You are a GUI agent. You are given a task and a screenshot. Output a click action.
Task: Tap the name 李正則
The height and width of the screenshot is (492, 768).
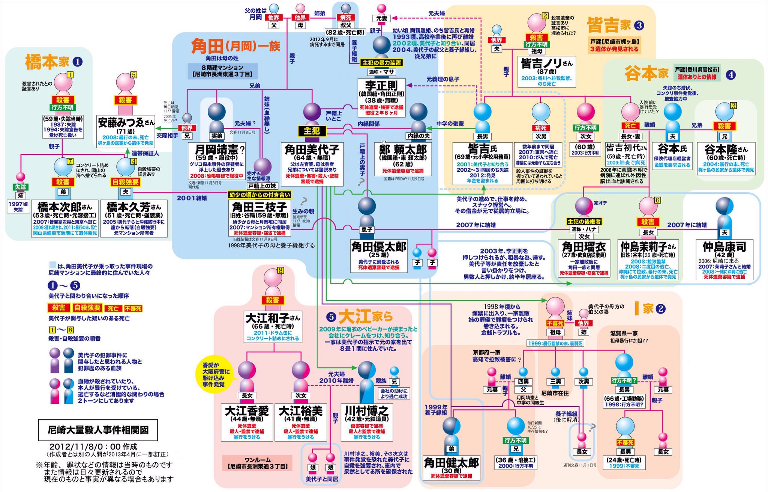381,85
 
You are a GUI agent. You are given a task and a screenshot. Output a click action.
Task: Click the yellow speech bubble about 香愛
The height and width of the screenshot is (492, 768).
216,374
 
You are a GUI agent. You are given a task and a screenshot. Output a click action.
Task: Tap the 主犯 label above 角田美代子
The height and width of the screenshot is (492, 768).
312,131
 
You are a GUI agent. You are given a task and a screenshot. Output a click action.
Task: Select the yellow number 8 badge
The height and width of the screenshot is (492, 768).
280,270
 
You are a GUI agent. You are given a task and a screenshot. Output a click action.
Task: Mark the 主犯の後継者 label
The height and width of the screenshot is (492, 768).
584,222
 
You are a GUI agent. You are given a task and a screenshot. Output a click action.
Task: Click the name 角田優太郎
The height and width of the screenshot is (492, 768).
378,247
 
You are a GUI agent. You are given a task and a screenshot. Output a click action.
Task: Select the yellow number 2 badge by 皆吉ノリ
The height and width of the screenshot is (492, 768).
545,16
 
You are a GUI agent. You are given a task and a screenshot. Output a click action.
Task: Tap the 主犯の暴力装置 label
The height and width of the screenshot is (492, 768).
381,63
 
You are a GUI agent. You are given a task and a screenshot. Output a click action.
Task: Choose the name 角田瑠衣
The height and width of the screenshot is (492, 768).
584,247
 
